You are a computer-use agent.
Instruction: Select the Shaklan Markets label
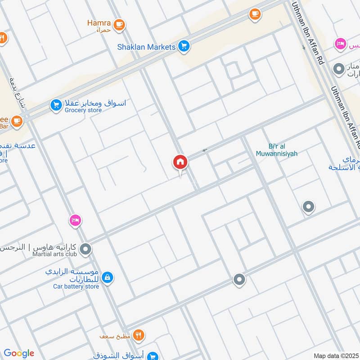[x=146, y=47]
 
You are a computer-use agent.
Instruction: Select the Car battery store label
[x=76, y=286]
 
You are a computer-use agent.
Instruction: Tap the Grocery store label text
[x=83, y=110]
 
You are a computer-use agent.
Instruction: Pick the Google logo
[x=19, y=353]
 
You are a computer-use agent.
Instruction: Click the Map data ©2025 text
[x=335, y=355]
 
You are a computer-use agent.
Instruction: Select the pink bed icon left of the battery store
[x=75, y=220]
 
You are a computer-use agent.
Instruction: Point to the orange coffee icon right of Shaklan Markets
[x=255, y=15]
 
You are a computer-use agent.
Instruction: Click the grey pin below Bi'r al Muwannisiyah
[x=308, y=207]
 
